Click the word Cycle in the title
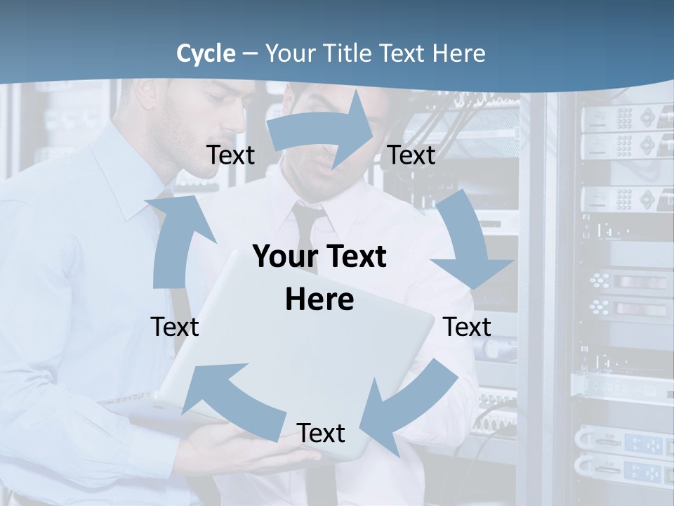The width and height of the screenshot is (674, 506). pos(206,53)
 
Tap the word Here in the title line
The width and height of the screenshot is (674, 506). pos(459,53)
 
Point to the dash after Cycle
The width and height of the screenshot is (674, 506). pos(249,54)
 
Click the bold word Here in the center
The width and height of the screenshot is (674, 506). pos(319,299)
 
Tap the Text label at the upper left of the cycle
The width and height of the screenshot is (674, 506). pos(230,155)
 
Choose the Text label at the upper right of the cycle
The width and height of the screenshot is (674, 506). pos(411,155)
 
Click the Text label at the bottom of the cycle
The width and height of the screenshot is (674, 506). pos(321,434)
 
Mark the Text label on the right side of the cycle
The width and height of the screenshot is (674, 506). pos(467,327)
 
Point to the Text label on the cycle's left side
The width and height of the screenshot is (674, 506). pos(175,327)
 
